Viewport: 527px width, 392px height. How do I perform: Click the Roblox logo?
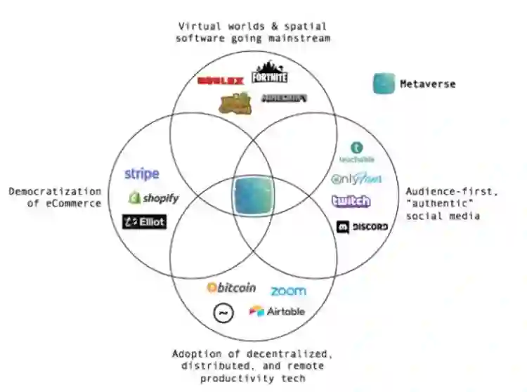(221, 81)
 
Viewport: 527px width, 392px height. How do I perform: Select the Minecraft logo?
(284, 98)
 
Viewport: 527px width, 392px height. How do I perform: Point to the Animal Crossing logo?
(235, 103)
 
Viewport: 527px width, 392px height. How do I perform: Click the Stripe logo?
(142, 174)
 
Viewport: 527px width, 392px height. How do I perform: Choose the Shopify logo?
(153, 198)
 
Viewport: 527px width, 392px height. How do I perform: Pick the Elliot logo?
(144, 222)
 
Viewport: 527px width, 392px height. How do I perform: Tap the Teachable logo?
(357, 152)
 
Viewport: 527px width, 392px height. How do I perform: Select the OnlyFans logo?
(357, 179)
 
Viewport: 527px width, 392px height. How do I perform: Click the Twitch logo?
(351, 202)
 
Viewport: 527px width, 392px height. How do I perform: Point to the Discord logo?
(362, 227)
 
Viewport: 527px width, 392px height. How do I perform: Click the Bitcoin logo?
(231, 288)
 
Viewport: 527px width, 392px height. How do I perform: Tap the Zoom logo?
(288, 290)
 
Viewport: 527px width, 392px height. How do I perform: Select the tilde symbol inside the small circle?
(223, 313)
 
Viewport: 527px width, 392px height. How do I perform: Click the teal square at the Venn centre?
(252, 197)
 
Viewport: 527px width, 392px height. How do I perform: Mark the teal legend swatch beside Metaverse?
(384, 84)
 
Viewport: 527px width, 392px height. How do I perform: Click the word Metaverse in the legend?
(427, 84)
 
